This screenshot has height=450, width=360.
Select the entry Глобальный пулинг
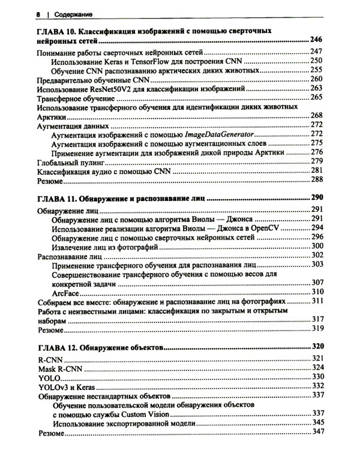point(71,162)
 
